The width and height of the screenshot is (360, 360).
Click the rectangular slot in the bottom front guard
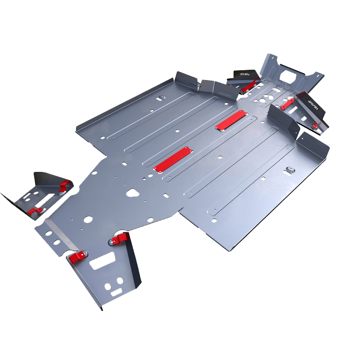coord(103,261)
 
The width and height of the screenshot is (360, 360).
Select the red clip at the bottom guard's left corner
coord(77,257)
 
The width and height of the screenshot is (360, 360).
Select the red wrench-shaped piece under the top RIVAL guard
coord(248,86)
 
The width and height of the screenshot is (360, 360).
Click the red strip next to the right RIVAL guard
coord(287,104)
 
